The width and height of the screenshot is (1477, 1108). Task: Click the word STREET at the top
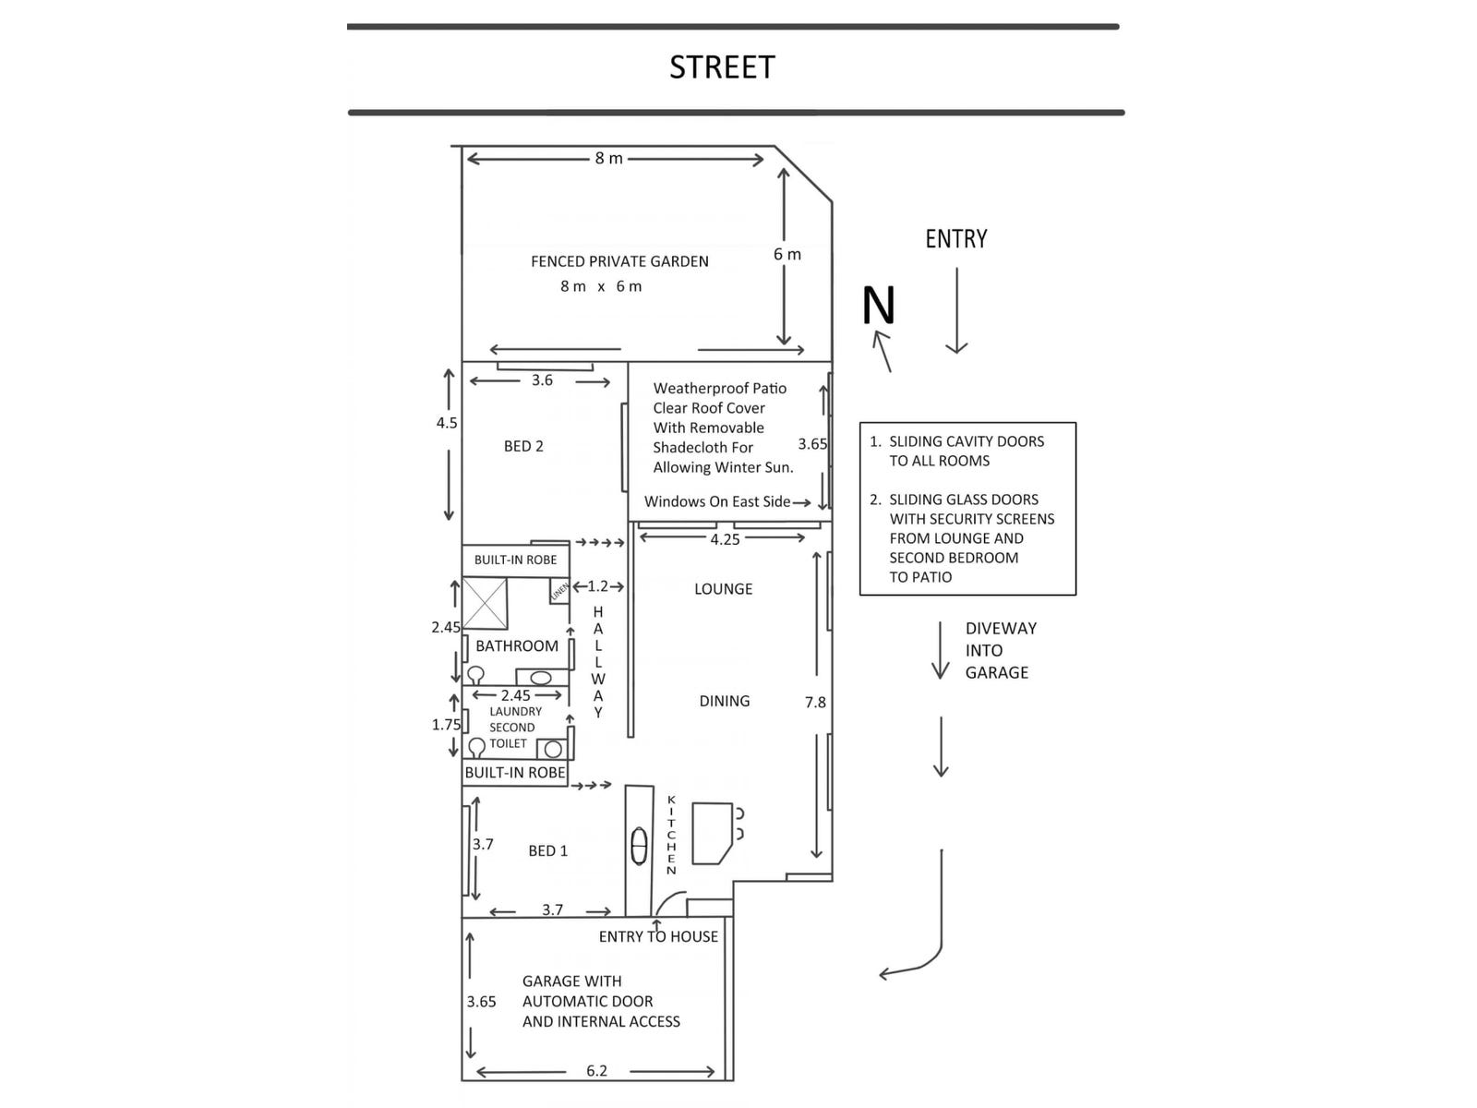(x=722, y=67)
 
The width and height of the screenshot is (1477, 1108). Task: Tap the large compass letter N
(x=879, y=307)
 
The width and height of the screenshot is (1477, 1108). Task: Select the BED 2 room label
(x=523, y=446)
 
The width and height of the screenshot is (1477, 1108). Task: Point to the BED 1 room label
(x=547, y=850)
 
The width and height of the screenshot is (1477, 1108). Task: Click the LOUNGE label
(x=723, y=589)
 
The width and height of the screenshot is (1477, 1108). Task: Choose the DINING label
(x=725, y=701)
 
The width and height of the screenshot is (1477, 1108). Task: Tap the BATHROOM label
(x=517, y=646)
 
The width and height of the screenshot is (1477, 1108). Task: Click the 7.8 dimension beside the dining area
(x=815, y=703)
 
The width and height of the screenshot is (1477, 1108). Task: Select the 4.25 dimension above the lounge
(x=725, y=539)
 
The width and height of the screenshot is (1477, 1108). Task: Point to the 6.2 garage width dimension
(x=596, y=1071)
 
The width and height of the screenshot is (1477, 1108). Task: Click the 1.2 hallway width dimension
(x=598, y=586)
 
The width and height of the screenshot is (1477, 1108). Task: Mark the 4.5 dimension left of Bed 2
(x=447, y=423)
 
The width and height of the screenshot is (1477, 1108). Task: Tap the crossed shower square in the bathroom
(x=486, y=602)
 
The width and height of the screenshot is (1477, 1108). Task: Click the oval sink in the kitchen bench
(x=639, y=846)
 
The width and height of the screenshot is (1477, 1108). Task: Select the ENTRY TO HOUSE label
(x=658, y=936)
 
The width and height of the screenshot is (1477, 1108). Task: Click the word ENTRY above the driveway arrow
(x=956, y=239)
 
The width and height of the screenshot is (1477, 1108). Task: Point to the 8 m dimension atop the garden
(x=608, y=159)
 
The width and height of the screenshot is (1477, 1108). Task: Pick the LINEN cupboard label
(x=559, y=591)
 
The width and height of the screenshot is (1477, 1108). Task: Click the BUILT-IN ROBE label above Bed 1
(x=515, y=773)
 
